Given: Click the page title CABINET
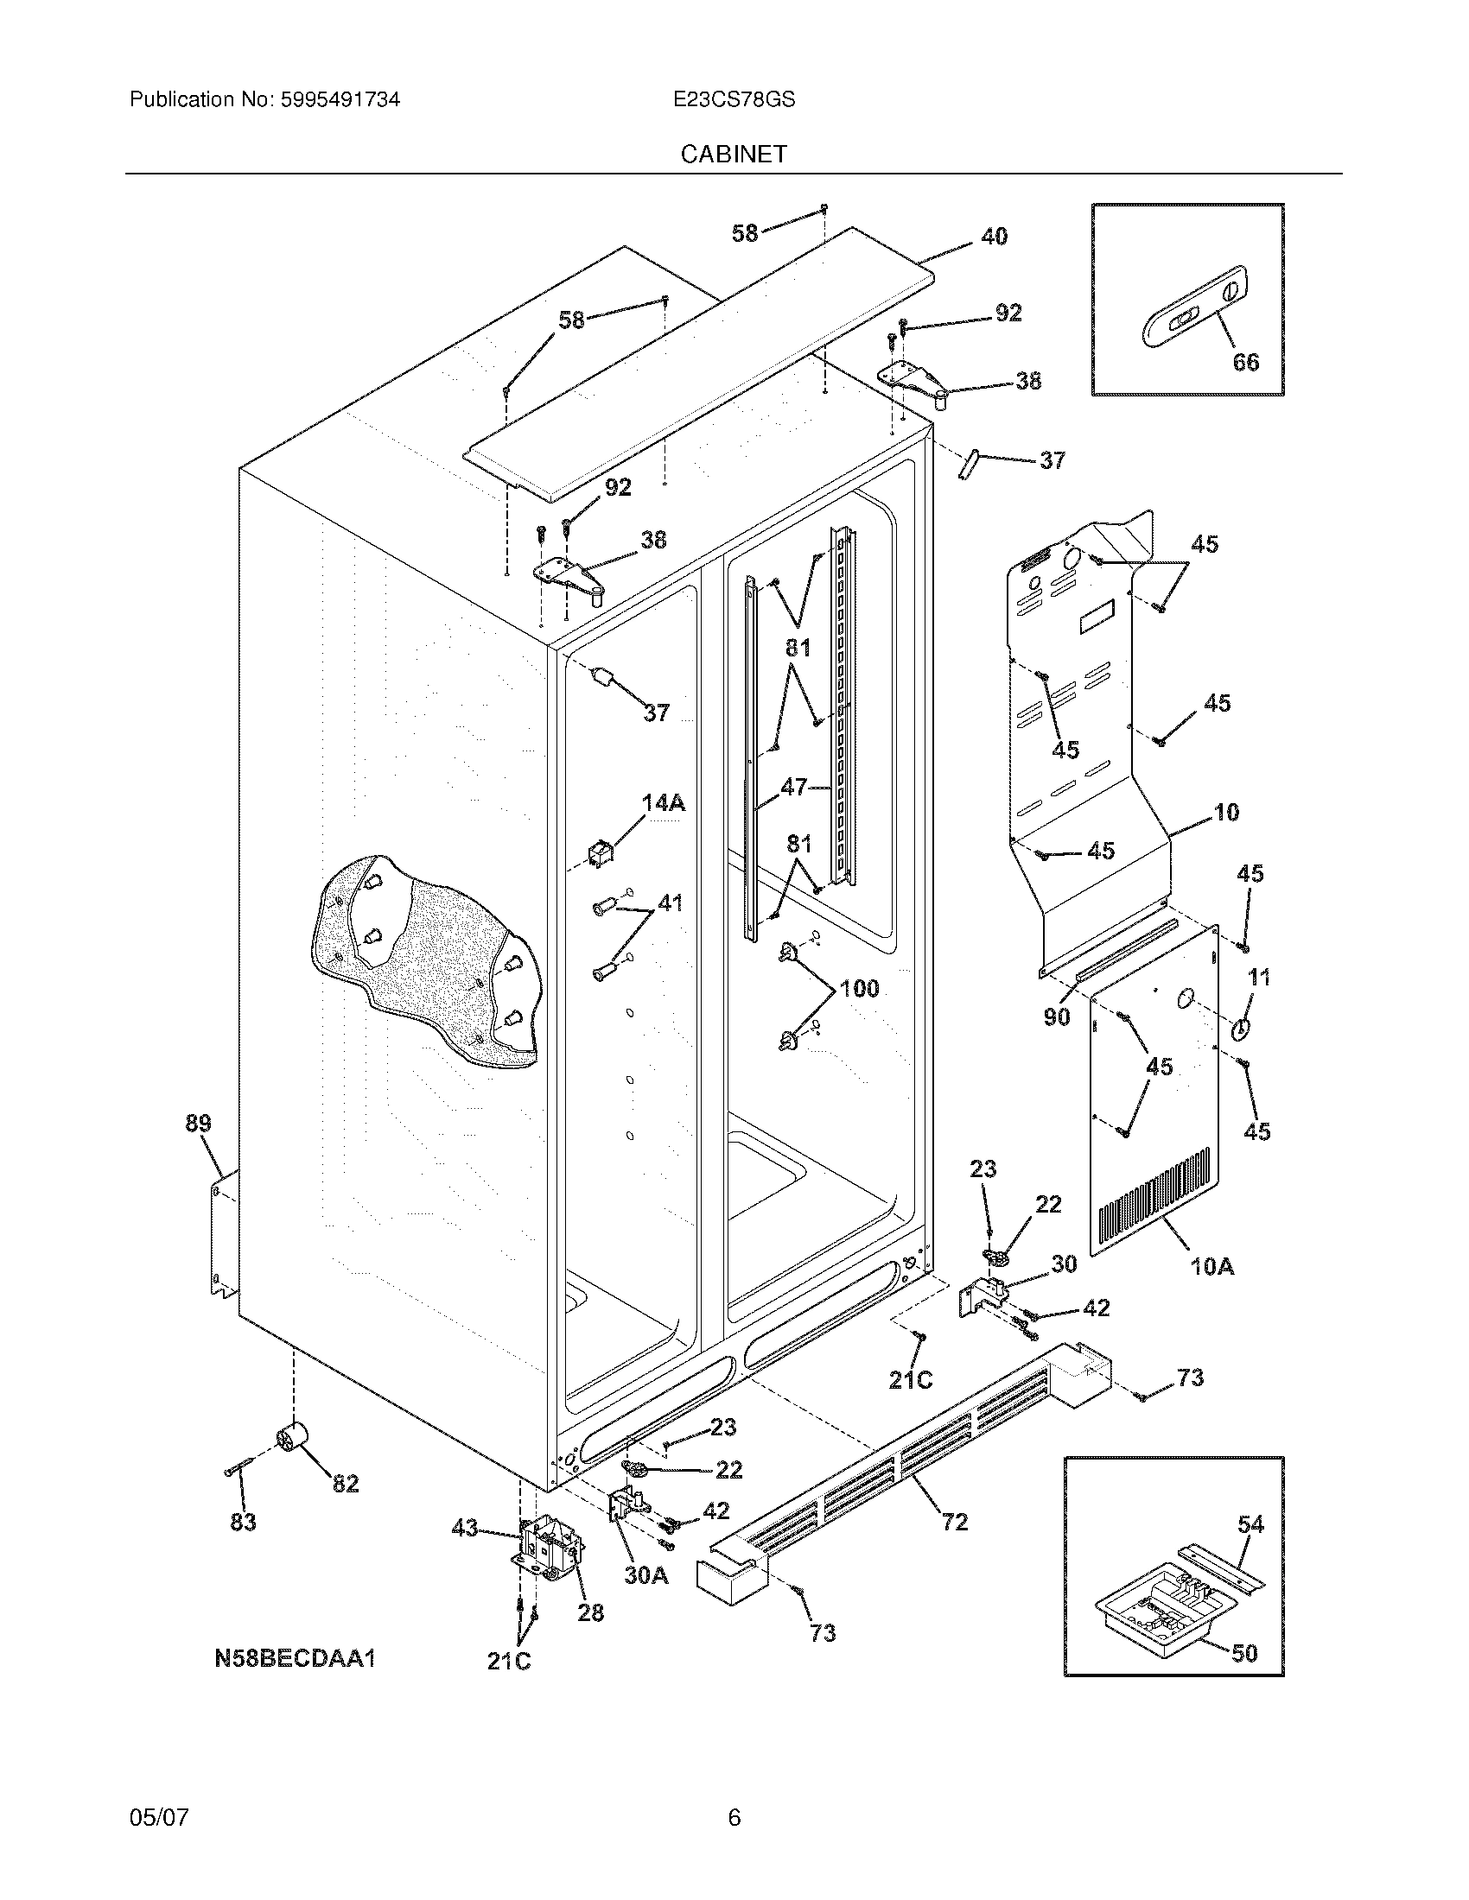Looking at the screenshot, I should pos(734,154).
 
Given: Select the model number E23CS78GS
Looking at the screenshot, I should pos(734,100).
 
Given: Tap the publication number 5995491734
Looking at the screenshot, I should pos(340,100).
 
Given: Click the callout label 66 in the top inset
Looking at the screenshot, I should pos(1245,362).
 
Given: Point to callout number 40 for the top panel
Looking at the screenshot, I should pos(994,236).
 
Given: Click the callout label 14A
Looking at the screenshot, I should pos(663,803).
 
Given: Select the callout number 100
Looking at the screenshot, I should pos(858,988).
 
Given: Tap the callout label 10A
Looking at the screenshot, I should pos(1211,1266).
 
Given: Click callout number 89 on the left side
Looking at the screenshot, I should pos(198,1123).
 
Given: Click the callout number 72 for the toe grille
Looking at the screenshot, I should pos(954,1521).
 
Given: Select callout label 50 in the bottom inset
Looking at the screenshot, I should pos(1244,1652).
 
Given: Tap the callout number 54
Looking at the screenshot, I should pos(1250,1523).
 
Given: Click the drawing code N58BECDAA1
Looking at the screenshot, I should pos(294,1658).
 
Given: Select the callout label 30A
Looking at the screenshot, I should pos(646,1574).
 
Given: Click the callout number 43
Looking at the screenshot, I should pos(465,1527).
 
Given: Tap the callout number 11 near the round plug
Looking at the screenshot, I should pos(1258,977).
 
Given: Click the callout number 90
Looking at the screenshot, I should pos(1056,1016).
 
